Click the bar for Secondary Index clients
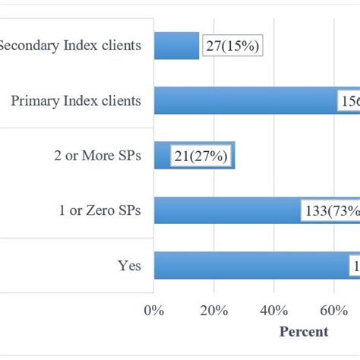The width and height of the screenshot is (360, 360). (176, 46)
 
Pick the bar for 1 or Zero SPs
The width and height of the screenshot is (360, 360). (228, 210)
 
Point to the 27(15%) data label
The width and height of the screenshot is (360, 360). (232, 47)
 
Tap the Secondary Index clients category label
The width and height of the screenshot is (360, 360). (70, 46)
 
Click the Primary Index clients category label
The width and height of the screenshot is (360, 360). (76, 100)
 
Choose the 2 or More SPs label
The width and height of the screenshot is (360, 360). (98, 156)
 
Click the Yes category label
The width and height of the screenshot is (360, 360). (129, 266)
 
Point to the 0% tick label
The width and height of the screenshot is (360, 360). (154, 310)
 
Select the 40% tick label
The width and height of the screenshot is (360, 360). (273, 310)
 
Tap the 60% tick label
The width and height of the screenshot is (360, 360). (333, 310)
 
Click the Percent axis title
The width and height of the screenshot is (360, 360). (304, 332)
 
